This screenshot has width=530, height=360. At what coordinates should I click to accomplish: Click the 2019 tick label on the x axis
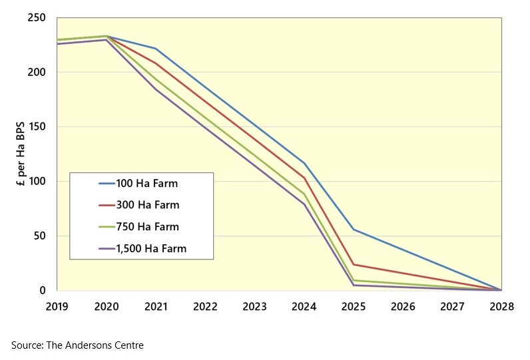tap(57, 306)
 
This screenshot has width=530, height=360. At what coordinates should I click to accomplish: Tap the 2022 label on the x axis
tap(205, 306)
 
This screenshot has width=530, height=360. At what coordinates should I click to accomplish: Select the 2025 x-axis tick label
tap(354, 306)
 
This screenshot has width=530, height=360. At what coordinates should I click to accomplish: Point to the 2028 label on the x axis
tap(501, 306)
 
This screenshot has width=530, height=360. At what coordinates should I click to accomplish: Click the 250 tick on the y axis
tap(37, 18)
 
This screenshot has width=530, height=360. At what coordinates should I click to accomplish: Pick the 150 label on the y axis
tap(37, 127)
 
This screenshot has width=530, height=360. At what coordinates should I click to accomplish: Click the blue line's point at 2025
tap(354, 230)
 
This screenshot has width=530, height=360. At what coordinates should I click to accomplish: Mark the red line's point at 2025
tap(354, 265)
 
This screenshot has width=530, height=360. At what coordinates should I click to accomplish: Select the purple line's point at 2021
tap(156, 89)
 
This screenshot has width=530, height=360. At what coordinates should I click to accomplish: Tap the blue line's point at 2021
tap(156, 49)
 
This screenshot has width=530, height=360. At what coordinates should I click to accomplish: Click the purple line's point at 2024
tap(304, 204)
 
